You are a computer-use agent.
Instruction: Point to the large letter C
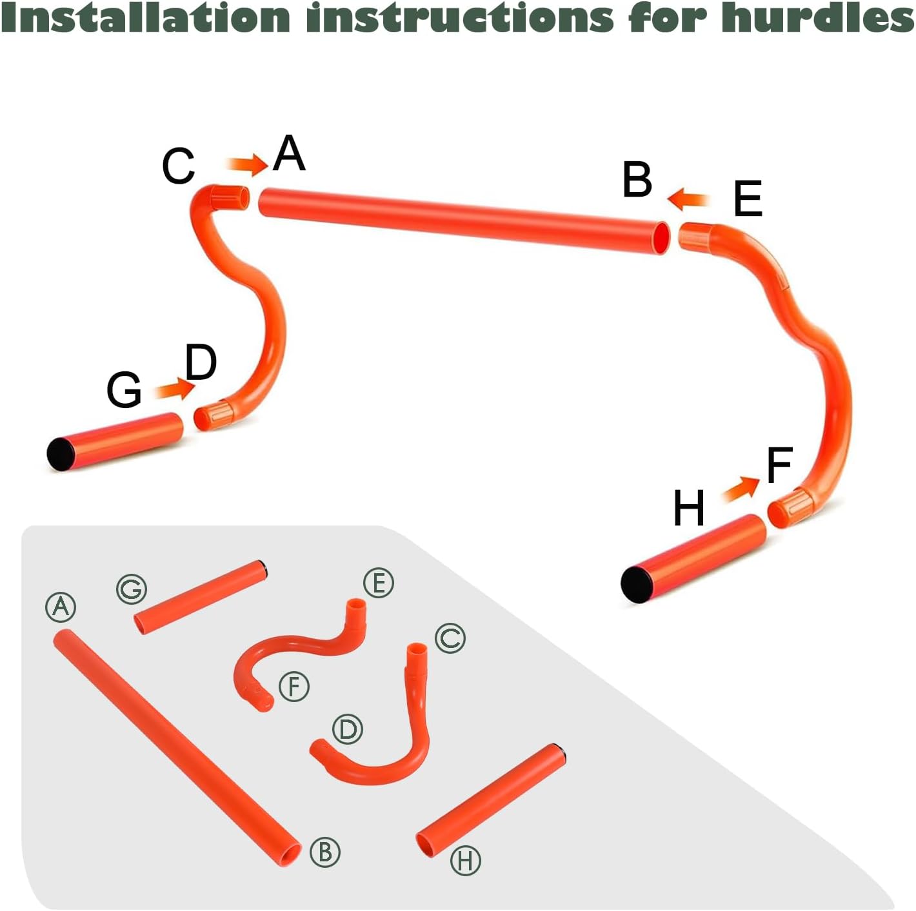pyautogui.click(x=178, y=166)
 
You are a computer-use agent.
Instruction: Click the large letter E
pyautogui.click(x=748, y=199)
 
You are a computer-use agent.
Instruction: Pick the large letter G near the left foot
pyautogui.click(x=124, y=389)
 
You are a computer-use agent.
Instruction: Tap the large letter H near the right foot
pyautogui.click(x=688, y=508)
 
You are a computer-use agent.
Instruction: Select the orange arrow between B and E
pyautogui.click(x=688, y=199)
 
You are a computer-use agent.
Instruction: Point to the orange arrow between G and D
pyautogui.click(x=175, y=389)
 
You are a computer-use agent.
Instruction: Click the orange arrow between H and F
pyautogui.click(x=742, y=489)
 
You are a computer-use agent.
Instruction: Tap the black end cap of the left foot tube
pyautogui.click(x=61, y=454)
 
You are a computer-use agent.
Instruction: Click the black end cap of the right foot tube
pyautogui.click(x=637, y=584)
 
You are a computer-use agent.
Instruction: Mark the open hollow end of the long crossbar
pyautogui.click(x=662, y=238)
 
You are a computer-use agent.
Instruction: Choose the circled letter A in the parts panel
pyautogui.click(x=61, y=607)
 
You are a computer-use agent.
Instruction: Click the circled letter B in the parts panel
pyautogui.click(x=325, y=852)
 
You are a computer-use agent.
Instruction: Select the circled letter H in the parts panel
pyautogui.click(x=465, y=861)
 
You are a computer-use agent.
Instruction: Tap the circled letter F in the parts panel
pyautogui.click(x=294, y=687)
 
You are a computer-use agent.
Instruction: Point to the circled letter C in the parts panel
pyautogui.click(x=450, y=638)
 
